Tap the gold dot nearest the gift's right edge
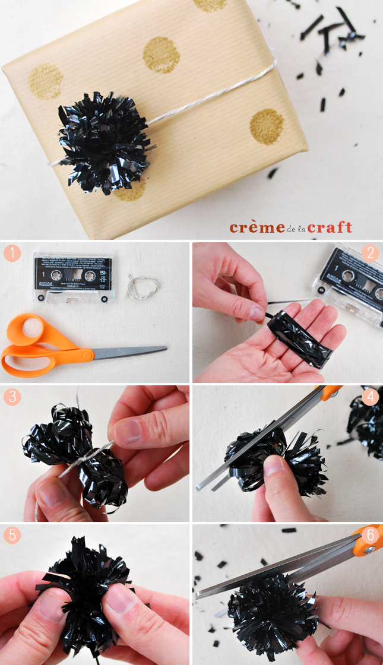[267, 126]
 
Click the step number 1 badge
[12, 254]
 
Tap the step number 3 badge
[12, 396]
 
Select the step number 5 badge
[12, 536]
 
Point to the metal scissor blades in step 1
[131, 352]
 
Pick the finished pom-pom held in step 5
[86, 585]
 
